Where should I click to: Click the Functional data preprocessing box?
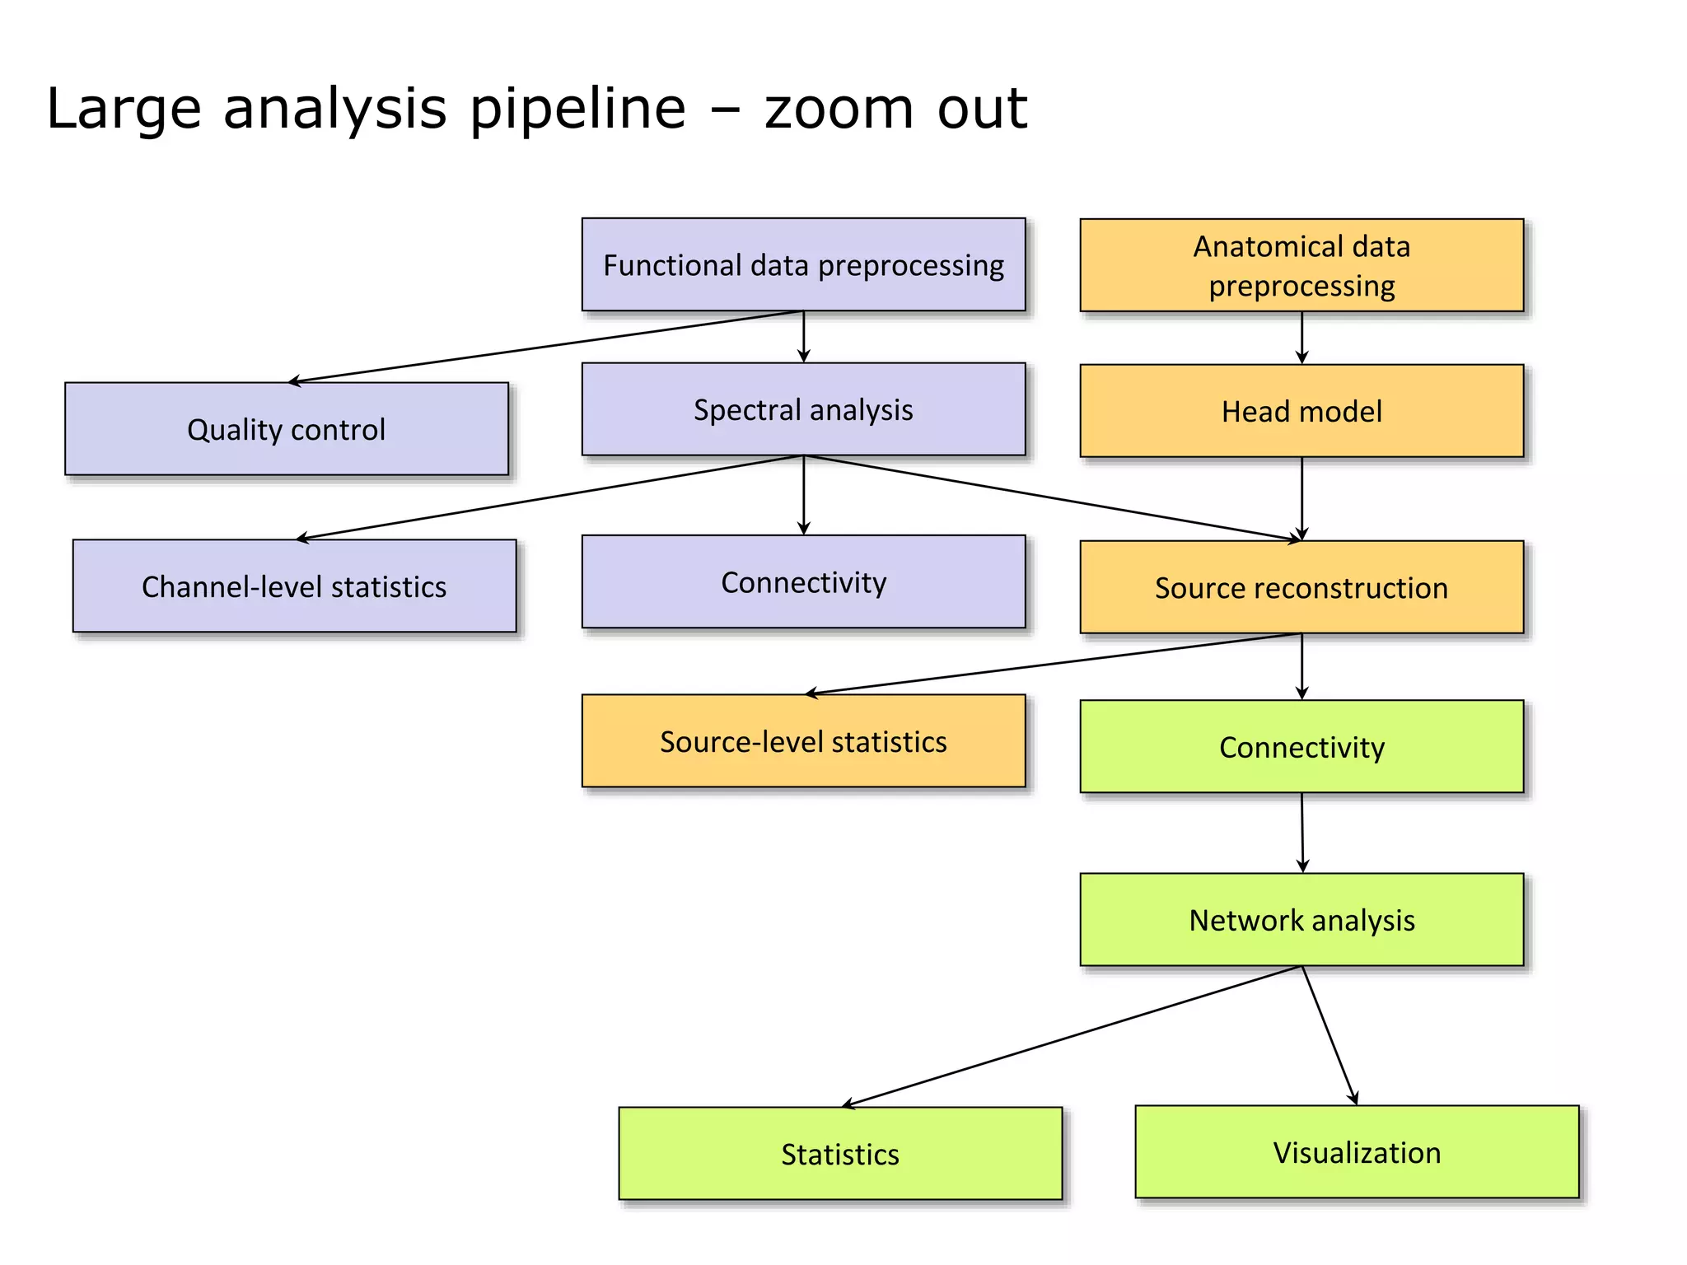pos(803,264)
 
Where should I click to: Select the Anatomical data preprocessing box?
pos(1301,264)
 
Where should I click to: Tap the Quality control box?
pos(286,428)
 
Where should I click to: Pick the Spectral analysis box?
pos(803,409)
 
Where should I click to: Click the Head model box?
pos(1301,410)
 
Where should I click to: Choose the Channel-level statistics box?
pos(294,586)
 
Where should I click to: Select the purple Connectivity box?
pos(803,581)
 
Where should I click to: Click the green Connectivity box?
pos(1301,746)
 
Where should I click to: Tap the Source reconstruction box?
pos(1301,586)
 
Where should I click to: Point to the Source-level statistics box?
pos(803,740)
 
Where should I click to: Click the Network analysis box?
pos(1301,919)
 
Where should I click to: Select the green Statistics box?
pos(840,1153)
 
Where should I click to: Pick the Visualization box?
pos(1357,1151)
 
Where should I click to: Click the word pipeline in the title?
pos(577,108)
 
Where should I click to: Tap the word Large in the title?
pos(124,108)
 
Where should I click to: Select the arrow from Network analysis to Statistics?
pos(1071,1036)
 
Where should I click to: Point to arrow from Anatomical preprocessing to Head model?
pos(1301,338)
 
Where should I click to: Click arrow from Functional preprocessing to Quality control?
pos(545,347)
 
